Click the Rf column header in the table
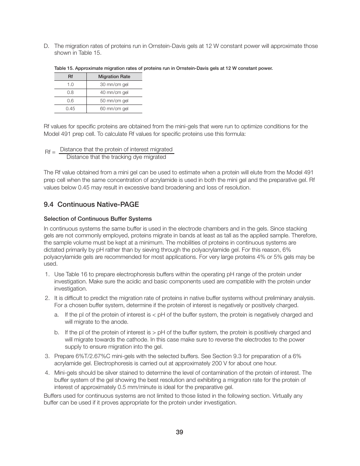pyautogui.click(x=70, y=77)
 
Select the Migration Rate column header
pyautogui.click(x=114, y=77)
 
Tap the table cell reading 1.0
pyautogui.click(x=70, y=85)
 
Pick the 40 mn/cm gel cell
pyautogui.click(x=114, y=92)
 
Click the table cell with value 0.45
pyautogui.click(x=70, y=109)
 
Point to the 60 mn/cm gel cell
pyautogui.click(x=114, y=109)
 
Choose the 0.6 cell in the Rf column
pyautogui.click(x=70, y=101)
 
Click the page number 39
pyautogui.click(x=180, y=432)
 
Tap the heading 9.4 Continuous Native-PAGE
pyautogui.click(x=91, y=205)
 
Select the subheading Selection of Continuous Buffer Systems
pyautogui.click(x=98, y=219)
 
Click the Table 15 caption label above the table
pyautogui.click(x=163, y=68)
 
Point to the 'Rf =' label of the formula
pyautogui.click(x=50, y=152)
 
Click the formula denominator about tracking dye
pyautogui.click(x=116, y=157)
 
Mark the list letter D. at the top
pyautogui.click(x=46, y=46)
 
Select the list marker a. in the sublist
pyautogui.click(x=57, y=315)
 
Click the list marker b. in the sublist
pyautogui.click(x=57, y=332)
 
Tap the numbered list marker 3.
pyautogui.click(x=47, y=356)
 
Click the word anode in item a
pyautogui.click(x=120, y=322)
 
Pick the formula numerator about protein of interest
pyautogui.click(x=116, y=149)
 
